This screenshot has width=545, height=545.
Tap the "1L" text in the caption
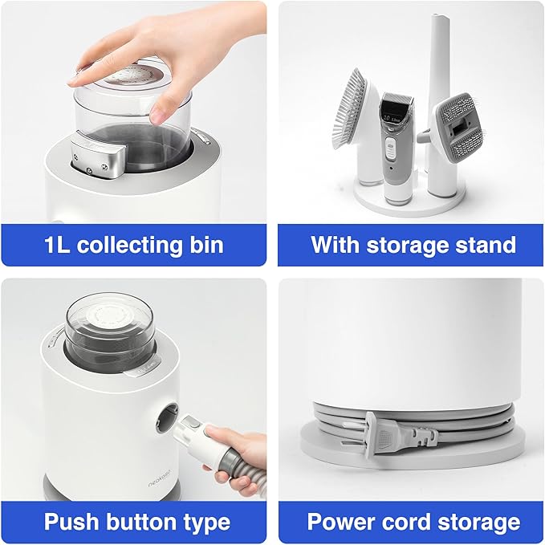[57, 245]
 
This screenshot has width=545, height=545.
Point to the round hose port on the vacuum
[168, 417]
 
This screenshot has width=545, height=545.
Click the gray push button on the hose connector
[192, 424]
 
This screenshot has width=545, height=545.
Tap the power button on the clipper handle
[391, 148]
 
